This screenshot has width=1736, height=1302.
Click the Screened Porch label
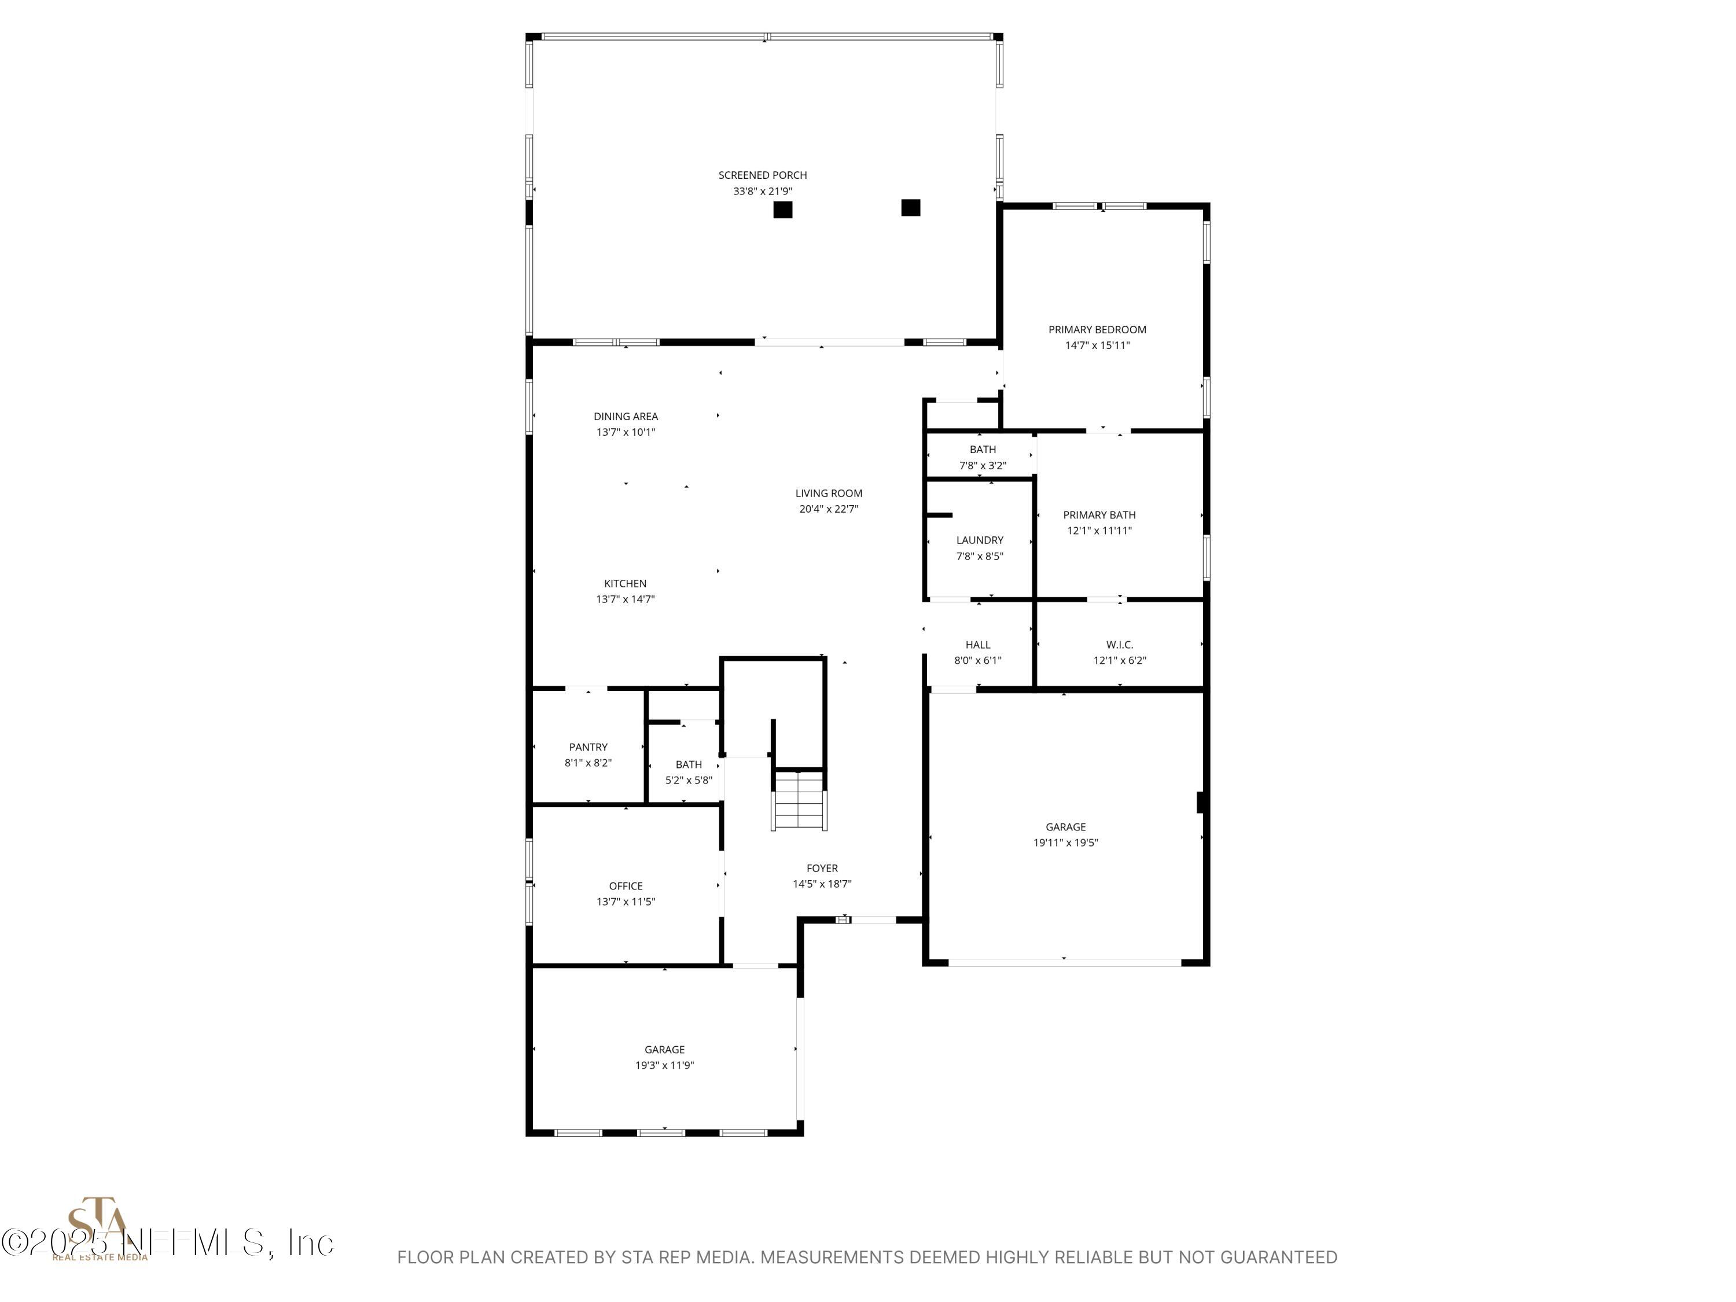point(762,175)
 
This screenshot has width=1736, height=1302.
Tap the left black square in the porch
point(782,209)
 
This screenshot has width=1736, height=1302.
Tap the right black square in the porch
point(910,207)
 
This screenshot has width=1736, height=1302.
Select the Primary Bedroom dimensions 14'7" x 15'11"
point(1097,345)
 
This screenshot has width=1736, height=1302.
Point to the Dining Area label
point(626,416)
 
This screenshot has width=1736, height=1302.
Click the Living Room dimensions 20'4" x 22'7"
point(829,509)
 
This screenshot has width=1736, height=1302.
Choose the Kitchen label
point(626,583)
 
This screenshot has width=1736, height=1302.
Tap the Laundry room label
point(980,540)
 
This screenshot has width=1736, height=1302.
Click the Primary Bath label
point(1099,515)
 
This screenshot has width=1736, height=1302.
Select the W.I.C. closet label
point(1119,644)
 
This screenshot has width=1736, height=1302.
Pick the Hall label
point(978,644)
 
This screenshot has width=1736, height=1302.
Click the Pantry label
point(588,747)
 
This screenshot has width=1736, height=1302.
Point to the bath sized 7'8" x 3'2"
point(983,457)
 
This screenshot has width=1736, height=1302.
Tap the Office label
point(626,886)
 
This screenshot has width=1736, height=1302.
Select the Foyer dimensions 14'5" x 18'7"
point(822,884)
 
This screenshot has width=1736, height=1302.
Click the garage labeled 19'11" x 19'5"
point(1065,834)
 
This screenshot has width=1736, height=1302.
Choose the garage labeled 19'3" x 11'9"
point(665,1057)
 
